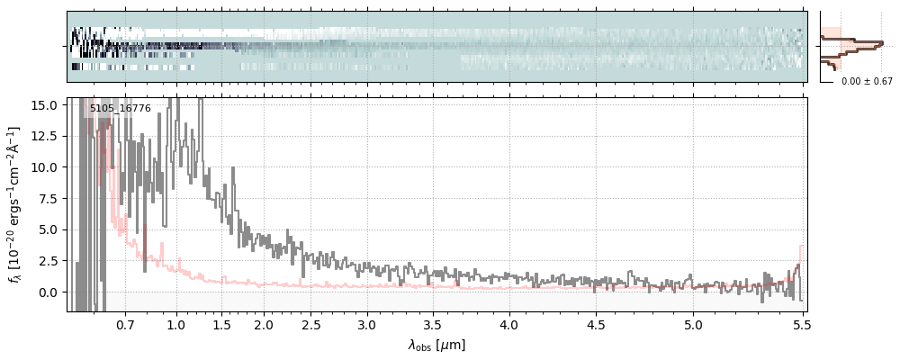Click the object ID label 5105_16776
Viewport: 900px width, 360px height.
tap(120, 109)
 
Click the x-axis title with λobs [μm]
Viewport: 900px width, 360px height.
tap(436, 345)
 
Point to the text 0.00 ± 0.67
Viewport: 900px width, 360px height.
tap(866, 82)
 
